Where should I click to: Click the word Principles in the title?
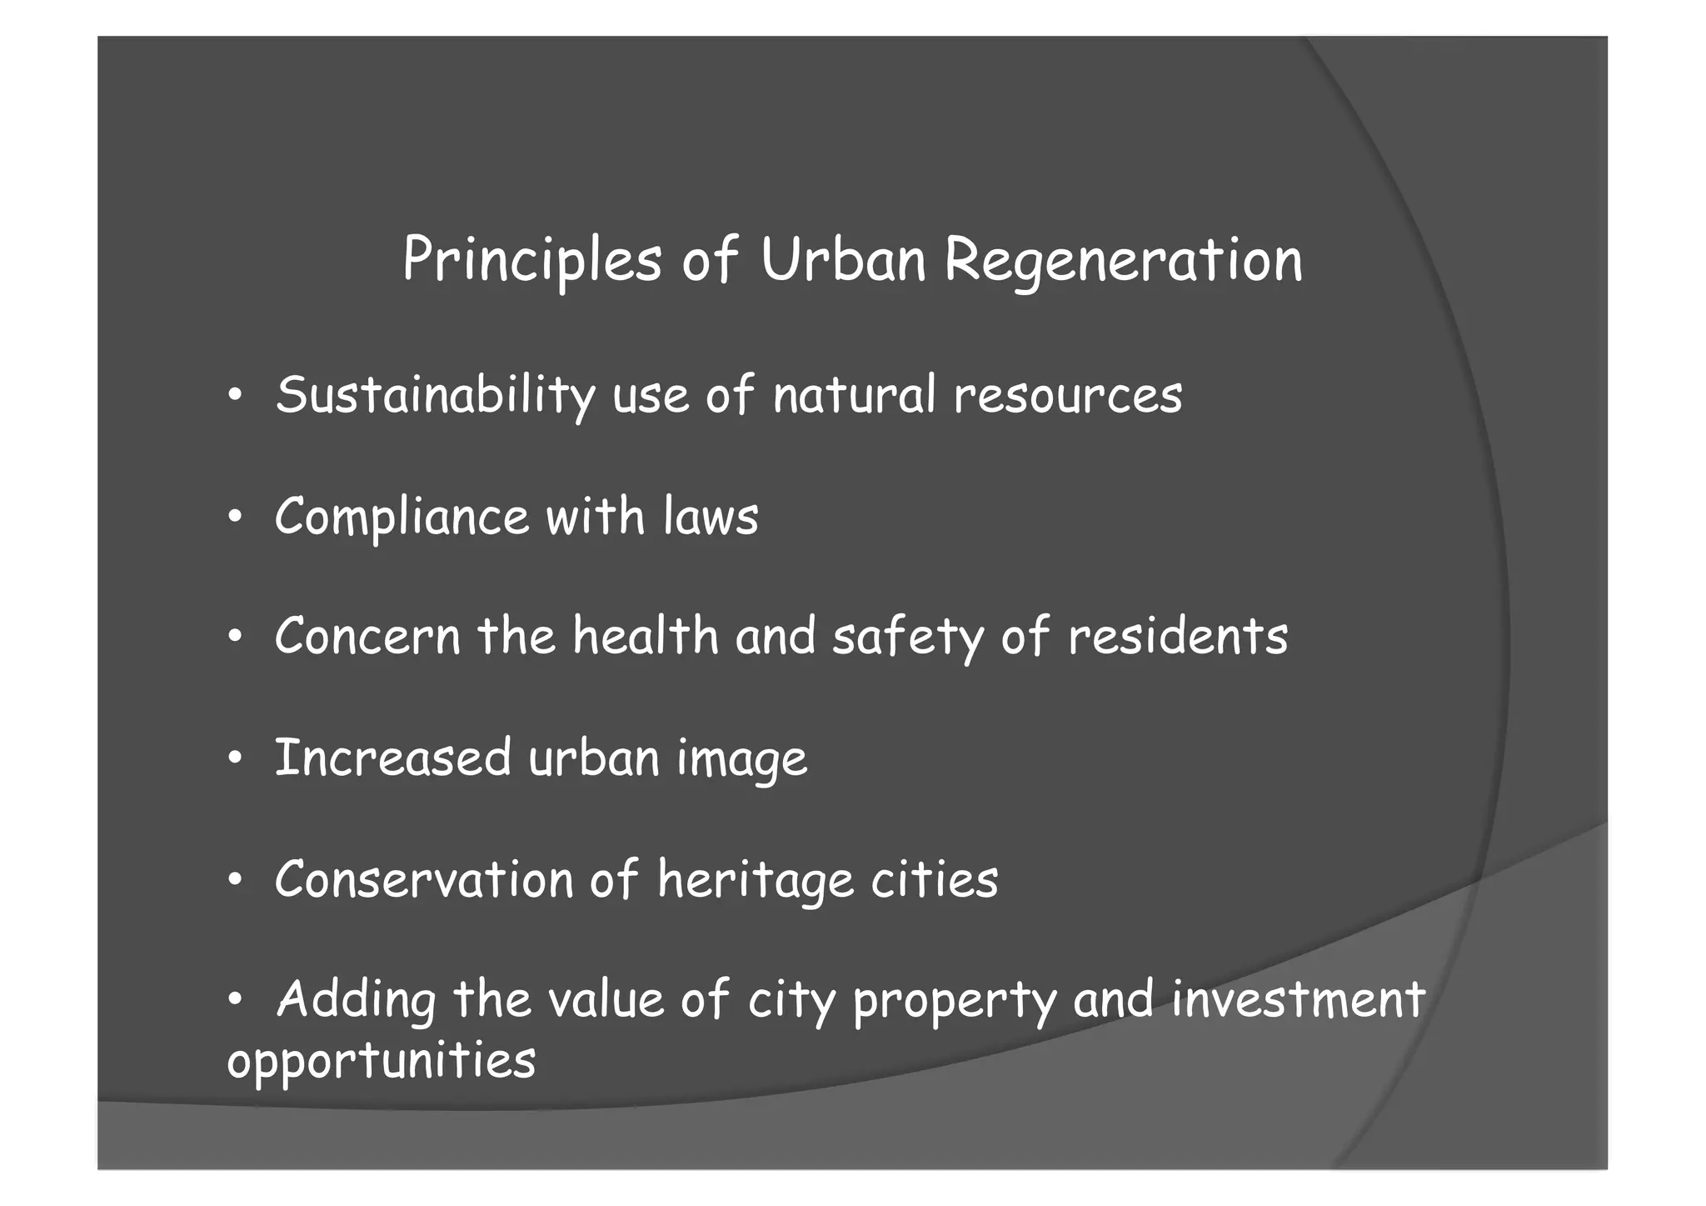point(531,261)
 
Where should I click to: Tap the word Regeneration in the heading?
point(1123,261)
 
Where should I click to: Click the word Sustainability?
point(435,396)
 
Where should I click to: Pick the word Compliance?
point(402,517)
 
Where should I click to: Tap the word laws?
point(711,517)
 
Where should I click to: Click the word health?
point(646,637)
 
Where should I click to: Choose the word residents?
point(1177,637)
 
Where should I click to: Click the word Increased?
point(392,758)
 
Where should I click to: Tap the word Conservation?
point(424,880)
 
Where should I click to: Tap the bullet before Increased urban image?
point(236,759)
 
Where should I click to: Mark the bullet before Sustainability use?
point(236,397)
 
